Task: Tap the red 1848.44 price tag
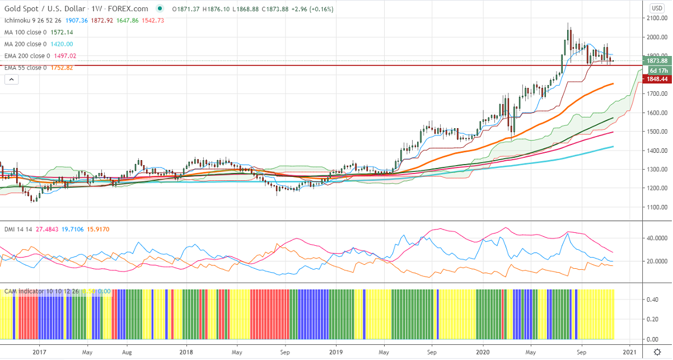tap(657, 80)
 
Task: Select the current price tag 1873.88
tap(657, 60)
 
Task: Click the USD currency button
tap(656, 8)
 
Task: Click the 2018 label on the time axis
tap(186, 352)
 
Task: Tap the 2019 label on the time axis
tap(335, 352)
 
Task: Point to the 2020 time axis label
tap(483, 352)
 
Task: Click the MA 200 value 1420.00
tap(62, 44)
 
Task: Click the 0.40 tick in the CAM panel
tap(652, 300)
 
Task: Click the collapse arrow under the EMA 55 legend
tap(10, 80)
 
